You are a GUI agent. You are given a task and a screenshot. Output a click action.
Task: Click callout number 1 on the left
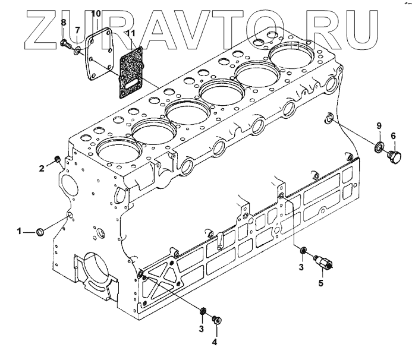coord(20,230)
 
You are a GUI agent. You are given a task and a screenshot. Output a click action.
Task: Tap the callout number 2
coord(42,169)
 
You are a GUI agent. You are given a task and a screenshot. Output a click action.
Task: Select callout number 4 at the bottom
coord(215,342)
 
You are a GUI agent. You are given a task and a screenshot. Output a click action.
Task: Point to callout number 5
coord(320,283)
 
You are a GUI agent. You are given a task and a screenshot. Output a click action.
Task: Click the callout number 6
coord(393,136)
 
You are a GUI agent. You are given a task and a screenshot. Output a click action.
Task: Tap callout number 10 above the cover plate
coord(96,12)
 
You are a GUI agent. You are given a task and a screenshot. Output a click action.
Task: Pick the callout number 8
coord(64,22)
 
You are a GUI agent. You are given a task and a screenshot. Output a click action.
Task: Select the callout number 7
coord(77,29)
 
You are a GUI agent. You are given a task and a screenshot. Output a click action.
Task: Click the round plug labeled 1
coord(41,230)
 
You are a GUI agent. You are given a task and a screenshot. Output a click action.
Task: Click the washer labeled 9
coord(378,146)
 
